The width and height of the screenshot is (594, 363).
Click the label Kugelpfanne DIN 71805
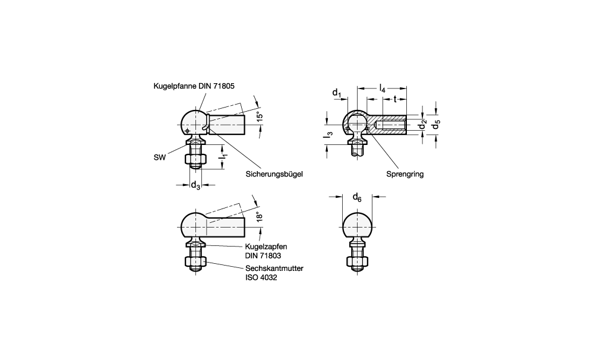[x=194, y=86]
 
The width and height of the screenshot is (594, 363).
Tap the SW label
[x=159, y=157]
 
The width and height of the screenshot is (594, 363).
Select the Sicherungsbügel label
[x=274, y=174]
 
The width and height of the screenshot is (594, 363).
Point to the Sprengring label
[x=405, y=174]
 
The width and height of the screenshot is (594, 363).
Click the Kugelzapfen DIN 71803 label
[x=266, y=251]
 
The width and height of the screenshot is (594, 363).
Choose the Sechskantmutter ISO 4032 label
[x=274, y=273]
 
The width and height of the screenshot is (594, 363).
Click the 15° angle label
[x=260, y=116]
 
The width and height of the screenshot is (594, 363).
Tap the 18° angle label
[x=260, y=216]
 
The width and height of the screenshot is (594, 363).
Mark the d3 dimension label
[x=195, y=185]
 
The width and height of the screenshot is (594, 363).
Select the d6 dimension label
[x=357, y=197]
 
